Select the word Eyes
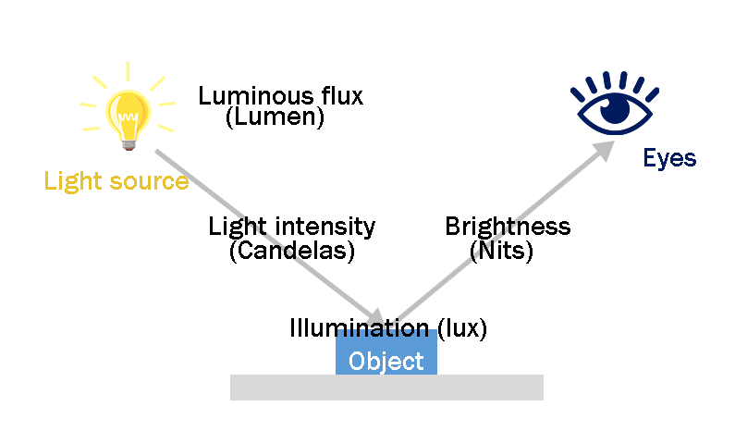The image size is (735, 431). tap(669, 159)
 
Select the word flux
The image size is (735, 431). tap(342, 96)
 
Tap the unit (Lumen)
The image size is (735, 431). tap(275, 118)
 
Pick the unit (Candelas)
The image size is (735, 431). tap(291, 250)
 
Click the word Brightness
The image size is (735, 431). tap(508, 227)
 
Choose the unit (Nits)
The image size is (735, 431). tap(502, 250)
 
